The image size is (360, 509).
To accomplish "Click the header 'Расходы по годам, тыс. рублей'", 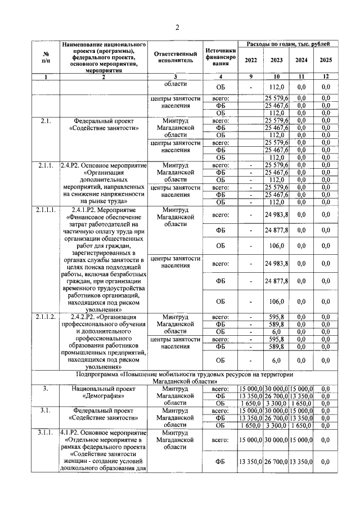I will (288, 43).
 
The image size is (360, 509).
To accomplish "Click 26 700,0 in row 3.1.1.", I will (276, 462).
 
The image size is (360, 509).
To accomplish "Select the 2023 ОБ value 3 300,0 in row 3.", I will (276, 403).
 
